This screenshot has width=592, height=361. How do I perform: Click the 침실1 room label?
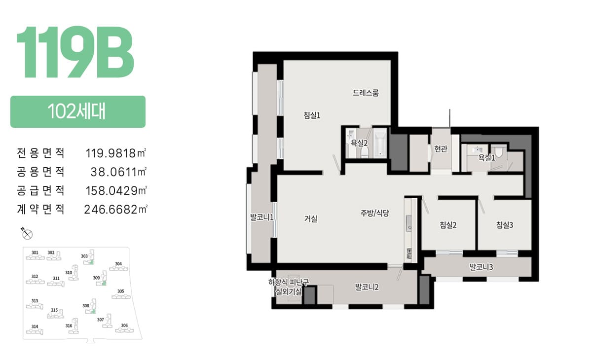click(312, 115)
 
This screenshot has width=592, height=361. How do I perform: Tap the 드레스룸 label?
click(366, 93)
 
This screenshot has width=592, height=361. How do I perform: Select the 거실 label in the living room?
click(310, 218)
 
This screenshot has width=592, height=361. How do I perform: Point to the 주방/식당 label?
click(375, 213)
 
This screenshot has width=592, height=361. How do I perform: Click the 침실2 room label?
click(448, 225)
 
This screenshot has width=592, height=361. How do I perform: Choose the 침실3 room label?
click(505, 225)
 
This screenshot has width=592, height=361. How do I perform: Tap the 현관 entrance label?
click(441, 149)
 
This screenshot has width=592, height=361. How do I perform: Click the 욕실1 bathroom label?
click(486, 158)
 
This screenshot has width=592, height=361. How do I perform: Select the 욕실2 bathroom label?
click(359, 143)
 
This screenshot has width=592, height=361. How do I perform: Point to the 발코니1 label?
click(262, 217)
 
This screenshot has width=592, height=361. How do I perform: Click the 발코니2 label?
click(367, 287)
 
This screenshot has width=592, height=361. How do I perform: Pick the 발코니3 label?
click(481, 267)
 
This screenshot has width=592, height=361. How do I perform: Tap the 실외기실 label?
click(288, 292)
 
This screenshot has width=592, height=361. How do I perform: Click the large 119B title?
click(75, 52)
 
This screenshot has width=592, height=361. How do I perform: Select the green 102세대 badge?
click(78, 111)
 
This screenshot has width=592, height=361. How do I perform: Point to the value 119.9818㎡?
click(116, 153)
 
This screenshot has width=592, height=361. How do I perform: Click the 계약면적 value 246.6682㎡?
click(115, 209)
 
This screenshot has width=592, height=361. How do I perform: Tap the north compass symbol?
click(27, 233)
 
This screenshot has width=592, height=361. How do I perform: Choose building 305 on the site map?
click(121, 294)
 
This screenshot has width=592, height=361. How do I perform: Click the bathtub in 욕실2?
click(380, 143)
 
